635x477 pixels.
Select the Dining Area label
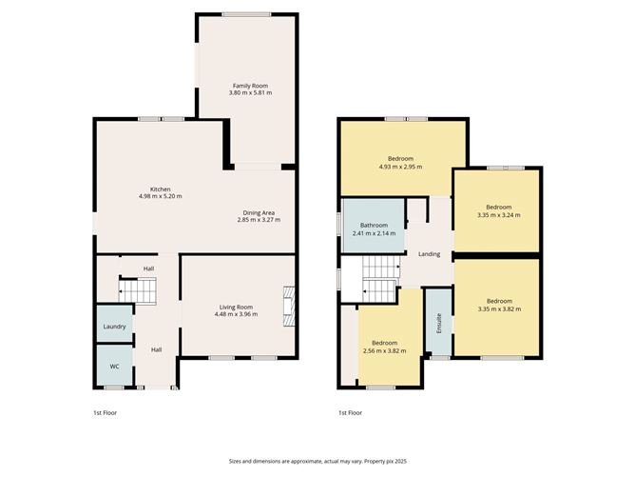[x=259, y=212]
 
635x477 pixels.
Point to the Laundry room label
[x=114, y=327]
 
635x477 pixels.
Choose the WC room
[x=114, y=365]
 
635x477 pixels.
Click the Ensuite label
[x=438, y=323]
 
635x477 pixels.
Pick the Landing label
[x=429, y=254]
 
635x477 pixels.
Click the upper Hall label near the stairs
[x=148, y=268]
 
